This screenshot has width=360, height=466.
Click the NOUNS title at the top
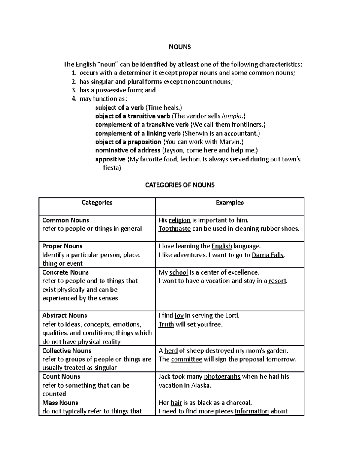[x=180, y=47]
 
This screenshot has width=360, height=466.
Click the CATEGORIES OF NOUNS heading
[x=180, y=185]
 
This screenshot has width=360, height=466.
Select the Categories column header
[x=97, y=203]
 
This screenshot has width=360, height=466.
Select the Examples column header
[x=229, y=203]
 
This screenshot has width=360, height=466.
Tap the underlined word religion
[x=180, y=220]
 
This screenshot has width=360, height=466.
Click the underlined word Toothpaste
[x=175, y=229]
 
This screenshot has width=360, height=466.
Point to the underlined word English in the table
[x=222, y=246]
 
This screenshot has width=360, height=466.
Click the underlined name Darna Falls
[x=268, y=255]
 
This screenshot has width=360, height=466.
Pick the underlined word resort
[x=277, y=281]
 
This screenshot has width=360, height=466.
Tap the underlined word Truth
[x=166, y=324]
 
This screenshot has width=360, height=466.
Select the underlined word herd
[x=171, y=350]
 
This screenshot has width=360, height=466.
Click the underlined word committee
[x=186, y=359]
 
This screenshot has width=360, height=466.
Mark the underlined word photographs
[x=222, y=377]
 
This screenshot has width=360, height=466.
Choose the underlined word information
[x=252, y=411]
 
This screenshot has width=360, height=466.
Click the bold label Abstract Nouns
[x=64, y=316]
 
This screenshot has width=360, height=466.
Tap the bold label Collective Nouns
[x=67, y=350]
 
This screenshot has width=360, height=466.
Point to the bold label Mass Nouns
[x=60, y=403]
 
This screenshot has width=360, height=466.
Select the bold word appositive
[x=110, y=159]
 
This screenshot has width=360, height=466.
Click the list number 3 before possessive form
[x=74, y=90]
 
